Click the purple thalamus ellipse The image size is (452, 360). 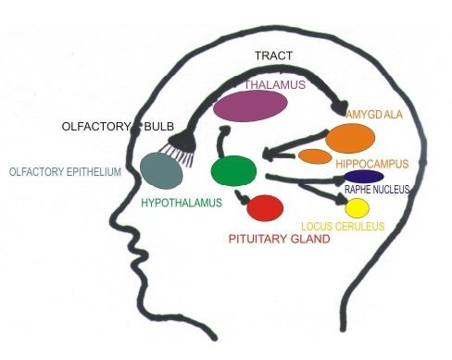pos(250,106)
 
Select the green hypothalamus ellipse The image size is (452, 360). pos(233,170)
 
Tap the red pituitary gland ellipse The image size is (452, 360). pos(265,208)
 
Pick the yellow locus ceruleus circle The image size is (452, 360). pos(357,208)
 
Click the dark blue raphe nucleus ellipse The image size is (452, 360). pos(364,177)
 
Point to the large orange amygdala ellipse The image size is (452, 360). pos(350,139)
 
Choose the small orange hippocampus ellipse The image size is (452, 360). pos(315,156)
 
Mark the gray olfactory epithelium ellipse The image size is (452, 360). pos(161,170)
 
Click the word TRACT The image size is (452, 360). pos(273,56)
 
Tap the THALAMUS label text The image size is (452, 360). pos(275,85)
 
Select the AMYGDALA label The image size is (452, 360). pos(374,115)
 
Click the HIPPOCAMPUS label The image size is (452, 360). pos(372,164)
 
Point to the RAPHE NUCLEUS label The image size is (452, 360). pos(377,190)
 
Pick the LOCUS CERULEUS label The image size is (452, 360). pos(343,227)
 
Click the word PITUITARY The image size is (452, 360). pos(257,239)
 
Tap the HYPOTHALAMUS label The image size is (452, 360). pos(182,203)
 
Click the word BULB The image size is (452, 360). pos(159,127)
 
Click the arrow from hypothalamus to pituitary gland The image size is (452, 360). pos(242,196)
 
